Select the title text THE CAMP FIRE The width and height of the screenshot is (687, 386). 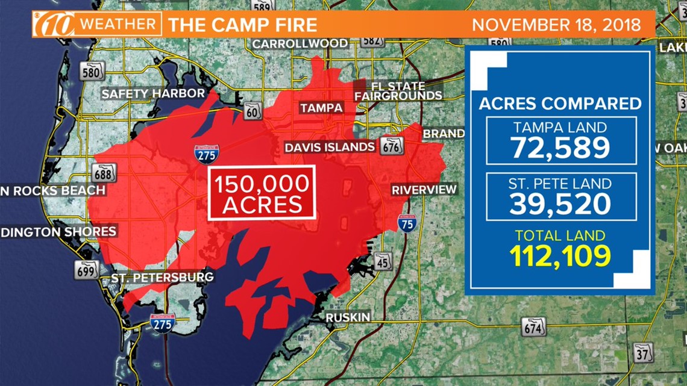point(242,25)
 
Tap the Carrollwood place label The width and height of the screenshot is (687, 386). point(300,43)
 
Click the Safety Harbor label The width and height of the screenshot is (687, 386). point(153,94)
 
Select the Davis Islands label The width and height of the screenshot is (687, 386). point(330,147)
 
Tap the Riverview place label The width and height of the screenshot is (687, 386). point(424,190)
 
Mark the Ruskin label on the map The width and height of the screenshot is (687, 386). point(348,317)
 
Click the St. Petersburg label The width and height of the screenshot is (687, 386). point(163,278)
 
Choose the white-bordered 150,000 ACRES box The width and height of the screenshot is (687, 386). point(262,193)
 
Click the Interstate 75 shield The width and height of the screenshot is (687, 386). point(407,223)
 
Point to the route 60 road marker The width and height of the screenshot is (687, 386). point(253,111)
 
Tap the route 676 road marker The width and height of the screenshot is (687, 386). point(392,145)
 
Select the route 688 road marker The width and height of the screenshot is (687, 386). point(104,173)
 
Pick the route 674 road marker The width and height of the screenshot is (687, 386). point(533,327)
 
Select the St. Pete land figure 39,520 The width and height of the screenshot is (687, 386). point(561,204)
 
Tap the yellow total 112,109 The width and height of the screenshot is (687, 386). point(560,255)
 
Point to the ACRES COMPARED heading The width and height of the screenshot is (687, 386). point(560,103)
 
